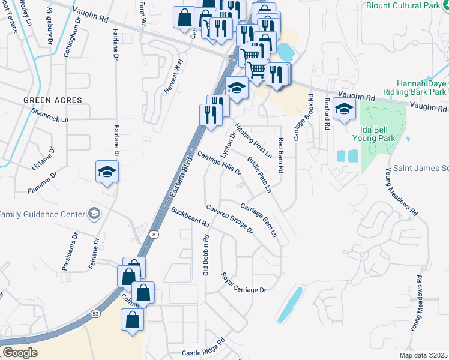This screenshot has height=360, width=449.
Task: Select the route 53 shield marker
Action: (x=95, y=313)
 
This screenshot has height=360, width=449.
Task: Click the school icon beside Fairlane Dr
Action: (x=107, y=172)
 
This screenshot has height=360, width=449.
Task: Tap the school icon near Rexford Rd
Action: (x=345, y=109)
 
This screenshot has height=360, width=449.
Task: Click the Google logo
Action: (x=20, y=353)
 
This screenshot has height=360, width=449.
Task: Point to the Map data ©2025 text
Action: (x=423, y=355)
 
